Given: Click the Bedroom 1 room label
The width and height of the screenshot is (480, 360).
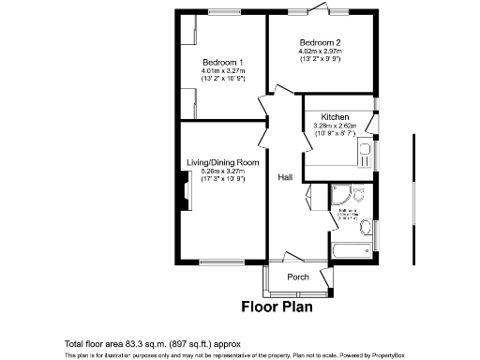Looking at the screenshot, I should tap(223, 62).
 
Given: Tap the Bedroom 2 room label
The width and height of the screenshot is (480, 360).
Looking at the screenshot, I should tap(320, 43).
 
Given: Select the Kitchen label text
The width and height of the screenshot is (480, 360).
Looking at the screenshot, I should tap(336, 116).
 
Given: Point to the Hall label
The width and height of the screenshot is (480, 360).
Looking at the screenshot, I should tap(286, 176).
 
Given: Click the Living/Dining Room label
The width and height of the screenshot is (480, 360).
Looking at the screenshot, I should tap(222, 162).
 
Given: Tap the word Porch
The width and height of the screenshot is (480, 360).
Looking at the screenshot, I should tap(298, 277).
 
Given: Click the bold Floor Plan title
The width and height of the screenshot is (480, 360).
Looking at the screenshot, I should tap(277, 306).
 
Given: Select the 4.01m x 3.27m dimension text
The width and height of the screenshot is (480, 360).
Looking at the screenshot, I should tap(223, 71).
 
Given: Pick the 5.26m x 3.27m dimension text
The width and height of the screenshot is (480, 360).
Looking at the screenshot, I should tap(222, 172).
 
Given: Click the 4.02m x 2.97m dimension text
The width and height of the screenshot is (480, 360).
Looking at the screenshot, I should tap(321, 52).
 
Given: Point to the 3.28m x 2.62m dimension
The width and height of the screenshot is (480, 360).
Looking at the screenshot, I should tap(336, 125).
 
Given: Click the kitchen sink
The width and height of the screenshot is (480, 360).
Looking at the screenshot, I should tap(365, 155).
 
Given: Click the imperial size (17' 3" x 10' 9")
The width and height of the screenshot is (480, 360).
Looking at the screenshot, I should tap(222, 179).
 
